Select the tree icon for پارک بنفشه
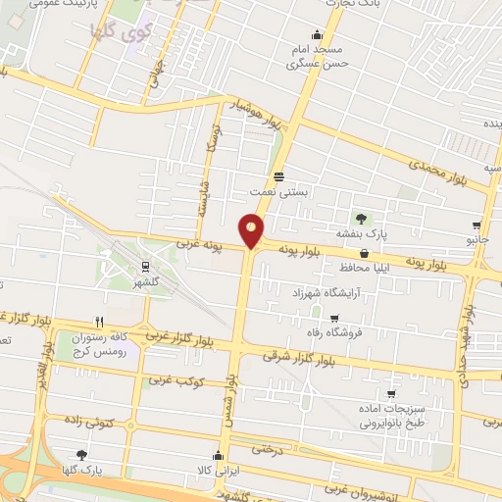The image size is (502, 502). point(362,219)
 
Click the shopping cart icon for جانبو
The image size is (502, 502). point(477,225)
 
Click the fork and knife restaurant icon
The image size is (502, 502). point(99,322)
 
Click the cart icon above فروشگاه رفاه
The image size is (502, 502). point(334,319)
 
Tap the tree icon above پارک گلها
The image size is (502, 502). point(81,455)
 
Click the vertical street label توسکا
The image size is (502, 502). point(212,137)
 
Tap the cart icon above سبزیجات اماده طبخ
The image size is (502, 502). point(390,394)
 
